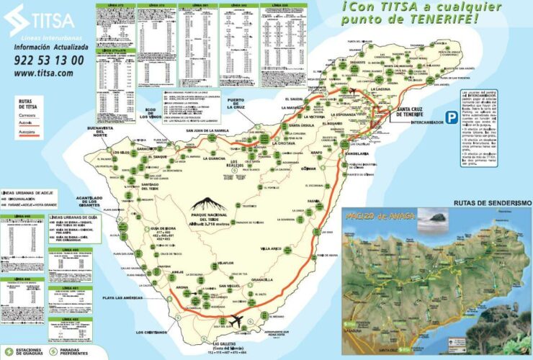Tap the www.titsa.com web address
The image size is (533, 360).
coord(43,73)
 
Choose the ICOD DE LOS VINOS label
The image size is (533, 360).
coord(154,112)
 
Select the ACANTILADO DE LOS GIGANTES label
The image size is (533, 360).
coord(102,201)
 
